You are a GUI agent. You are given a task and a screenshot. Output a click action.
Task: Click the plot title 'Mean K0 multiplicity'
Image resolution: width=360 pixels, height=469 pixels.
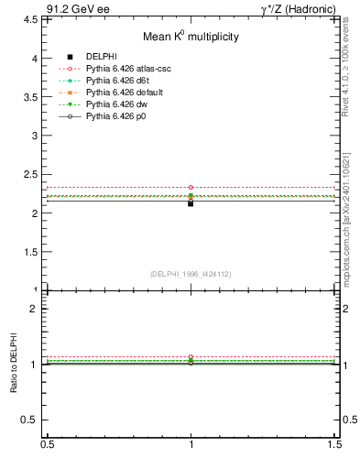click(191, 37)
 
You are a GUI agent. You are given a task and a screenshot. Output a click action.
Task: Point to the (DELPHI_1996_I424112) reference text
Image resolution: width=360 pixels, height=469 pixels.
click(191, 274)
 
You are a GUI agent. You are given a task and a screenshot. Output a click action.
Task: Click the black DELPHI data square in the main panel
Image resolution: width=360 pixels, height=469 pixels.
click(191, 202)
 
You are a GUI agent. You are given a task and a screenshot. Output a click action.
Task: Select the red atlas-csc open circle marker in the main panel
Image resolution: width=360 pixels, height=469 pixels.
click(191, 187)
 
